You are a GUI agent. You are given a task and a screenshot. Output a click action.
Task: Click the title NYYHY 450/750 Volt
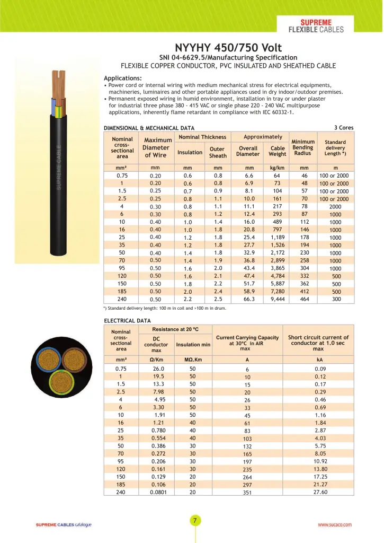pyautogui.click(x=228, y=48)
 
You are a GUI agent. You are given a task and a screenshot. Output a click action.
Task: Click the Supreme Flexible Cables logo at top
pyautogui.click(x=316, y=26)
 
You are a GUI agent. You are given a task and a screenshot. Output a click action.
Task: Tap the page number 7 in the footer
pyautogui.click(x=194, y=521)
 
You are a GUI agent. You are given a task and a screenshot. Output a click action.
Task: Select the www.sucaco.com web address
pyautogui.click(x=334, y=524)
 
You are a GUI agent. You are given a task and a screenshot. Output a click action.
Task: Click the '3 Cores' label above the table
pyautogui.click(x=344, y=128)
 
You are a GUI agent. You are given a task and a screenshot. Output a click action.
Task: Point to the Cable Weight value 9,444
pyautogui.click(x=278, y=299)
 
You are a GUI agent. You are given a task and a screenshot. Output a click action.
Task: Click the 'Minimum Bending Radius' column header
pyautogui.click(x=303, y=147)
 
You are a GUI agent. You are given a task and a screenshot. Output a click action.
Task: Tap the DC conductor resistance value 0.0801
pyautogui.click(x=158, y=492)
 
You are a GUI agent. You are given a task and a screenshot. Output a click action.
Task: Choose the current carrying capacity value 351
pyautogui.click(x=247, y=493)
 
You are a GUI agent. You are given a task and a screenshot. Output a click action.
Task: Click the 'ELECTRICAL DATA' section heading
pyautogui.click(x=127, y=321)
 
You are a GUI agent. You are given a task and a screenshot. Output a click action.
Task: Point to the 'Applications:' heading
pyautogui.click(x=122, y=78)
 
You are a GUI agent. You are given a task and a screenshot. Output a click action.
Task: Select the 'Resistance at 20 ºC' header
pyautogui.click(x=175, y=330)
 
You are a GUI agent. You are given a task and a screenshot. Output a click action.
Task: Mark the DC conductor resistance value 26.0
pyautogui.click(x=158, y=369)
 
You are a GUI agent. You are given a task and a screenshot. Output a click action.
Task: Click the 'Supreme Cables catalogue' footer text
pyautogui.click(x=64, y=524)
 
